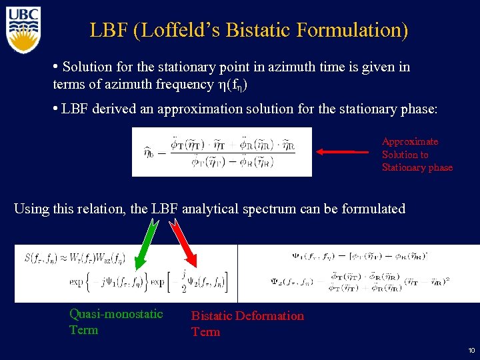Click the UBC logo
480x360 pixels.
point(23,29)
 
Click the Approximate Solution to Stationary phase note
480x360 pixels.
point(417,155)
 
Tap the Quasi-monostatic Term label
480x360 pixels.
point(116,321)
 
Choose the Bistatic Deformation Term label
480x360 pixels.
point(247,323)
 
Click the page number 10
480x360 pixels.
point(471,350)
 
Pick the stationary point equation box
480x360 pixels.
point(221,151)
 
